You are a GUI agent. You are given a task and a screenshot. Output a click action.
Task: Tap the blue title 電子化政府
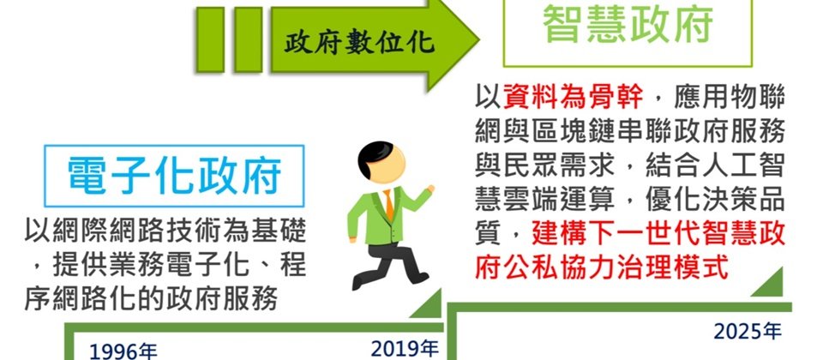(x=175, y=175)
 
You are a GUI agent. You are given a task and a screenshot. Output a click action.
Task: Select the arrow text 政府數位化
(x=359, y=43)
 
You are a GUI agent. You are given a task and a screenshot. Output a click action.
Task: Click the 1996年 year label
(x=123, y=351)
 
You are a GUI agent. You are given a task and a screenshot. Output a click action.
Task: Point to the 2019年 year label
(x=404, y=348)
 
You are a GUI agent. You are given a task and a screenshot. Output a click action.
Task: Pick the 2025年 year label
(x=748, y=331)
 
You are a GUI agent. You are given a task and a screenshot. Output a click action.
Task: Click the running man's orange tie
(x=388, y=205)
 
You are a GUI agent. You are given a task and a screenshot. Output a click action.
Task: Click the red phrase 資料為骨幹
(x=573, y=98)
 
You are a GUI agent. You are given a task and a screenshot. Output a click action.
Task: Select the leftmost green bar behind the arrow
(x=210, y=39)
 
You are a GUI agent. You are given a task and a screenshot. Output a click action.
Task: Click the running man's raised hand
(x=430, y=189)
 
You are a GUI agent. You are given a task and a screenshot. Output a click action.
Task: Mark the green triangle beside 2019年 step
(x=430, y=306)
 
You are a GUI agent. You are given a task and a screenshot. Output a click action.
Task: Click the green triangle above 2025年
(x=771, y=285)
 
